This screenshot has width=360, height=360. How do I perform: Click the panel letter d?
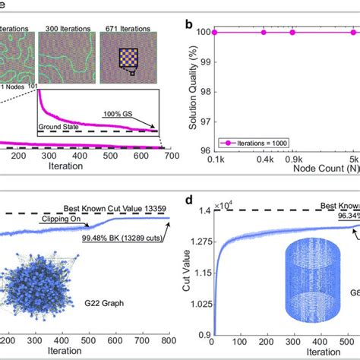tap(188, 201)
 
